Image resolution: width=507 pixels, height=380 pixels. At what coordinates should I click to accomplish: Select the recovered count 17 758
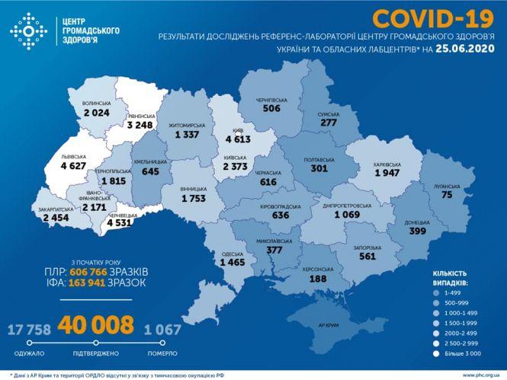(x=34, y=329)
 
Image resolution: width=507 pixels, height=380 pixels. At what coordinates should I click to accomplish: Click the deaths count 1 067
(x=163, y=329)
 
